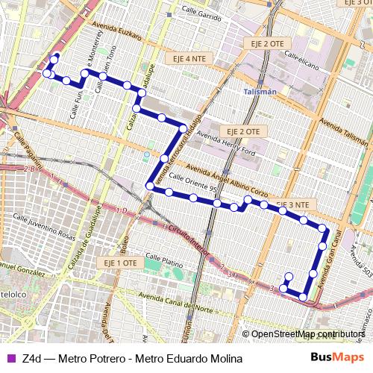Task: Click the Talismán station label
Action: point(260,91)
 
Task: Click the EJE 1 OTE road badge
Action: point(119,263)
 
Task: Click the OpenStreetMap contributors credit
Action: point(307,334)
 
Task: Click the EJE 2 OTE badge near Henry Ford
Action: point(244,131)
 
